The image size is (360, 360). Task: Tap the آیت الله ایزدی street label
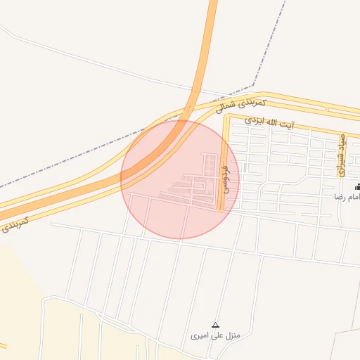[269, 122]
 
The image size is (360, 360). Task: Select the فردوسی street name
[225, 179]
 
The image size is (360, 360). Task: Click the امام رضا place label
[347, 197]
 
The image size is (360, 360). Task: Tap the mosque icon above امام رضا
[358, 186]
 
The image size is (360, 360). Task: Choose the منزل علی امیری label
[215, 335]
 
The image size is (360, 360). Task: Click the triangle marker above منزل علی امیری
[215, 325]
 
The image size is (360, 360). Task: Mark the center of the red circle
[180, 179]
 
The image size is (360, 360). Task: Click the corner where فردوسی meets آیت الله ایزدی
[226, 117]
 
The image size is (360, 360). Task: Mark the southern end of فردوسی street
[221, 209]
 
